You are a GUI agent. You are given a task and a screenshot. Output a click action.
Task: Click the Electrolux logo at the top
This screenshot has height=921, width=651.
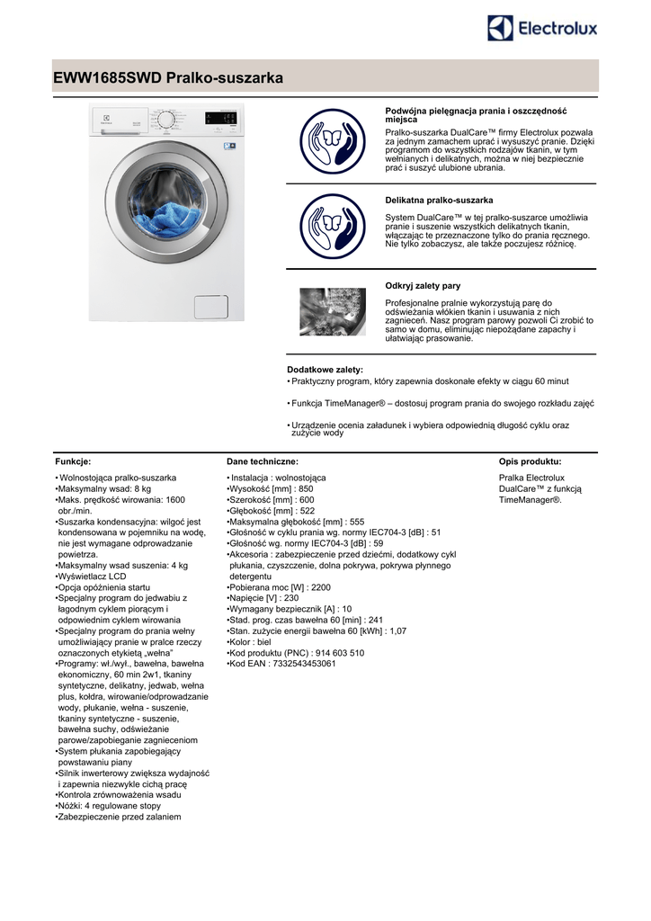tap(542, 29)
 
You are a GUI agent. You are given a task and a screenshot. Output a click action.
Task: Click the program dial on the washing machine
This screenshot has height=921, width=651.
tap(165, 121)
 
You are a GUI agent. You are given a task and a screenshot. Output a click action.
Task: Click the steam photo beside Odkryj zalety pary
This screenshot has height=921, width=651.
tap(332, 311)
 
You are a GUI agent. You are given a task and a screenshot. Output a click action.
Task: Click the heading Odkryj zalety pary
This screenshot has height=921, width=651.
tap(423, 286)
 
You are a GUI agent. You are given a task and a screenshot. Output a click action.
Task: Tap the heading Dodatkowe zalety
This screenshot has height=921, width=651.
tap(325, 370)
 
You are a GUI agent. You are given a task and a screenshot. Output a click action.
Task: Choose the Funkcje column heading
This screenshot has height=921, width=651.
tap(73, 460)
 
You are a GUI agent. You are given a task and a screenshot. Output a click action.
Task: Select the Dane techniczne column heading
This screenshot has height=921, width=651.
tap(263, 460)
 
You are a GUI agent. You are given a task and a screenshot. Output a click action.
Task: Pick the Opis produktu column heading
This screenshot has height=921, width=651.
tap(530, 460)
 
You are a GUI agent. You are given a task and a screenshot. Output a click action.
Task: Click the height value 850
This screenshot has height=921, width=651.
tap(306, 488)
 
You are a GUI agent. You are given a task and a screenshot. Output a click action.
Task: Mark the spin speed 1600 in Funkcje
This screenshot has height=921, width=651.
tap(171, 499)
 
